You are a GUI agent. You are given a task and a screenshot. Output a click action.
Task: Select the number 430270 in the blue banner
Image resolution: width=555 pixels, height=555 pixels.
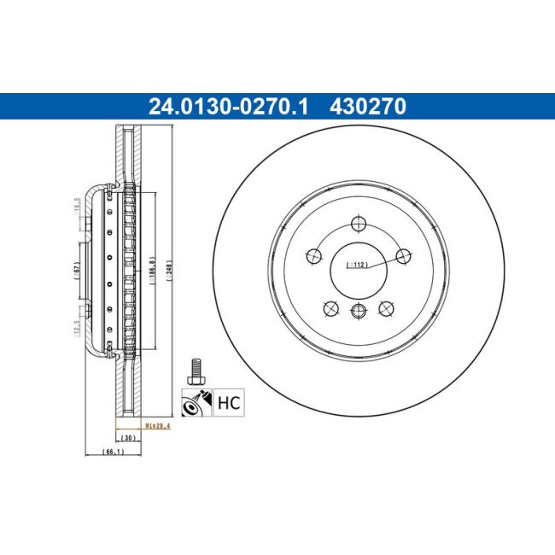pyautogui.click(x=368, y=106)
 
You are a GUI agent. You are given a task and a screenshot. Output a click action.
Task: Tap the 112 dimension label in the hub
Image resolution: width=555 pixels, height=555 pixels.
pyautogui.click(x=358, y=266)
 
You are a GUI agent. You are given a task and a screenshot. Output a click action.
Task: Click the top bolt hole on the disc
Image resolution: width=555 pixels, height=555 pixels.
pyautogui.click(x=359, y=225)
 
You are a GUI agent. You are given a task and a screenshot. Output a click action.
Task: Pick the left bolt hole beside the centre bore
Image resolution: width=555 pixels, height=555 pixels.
pyautogui.click(x=313, y=254)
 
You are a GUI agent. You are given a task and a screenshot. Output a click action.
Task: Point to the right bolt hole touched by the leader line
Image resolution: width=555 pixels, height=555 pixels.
pyautogui.click(x=404, y=254)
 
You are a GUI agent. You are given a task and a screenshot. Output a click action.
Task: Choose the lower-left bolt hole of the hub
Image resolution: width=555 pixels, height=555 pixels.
pyautogui.click(x=330, y=308)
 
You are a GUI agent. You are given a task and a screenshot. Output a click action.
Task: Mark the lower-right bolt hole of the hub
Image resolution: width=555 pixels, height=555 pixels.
pyautogui.click(x=387, y=308)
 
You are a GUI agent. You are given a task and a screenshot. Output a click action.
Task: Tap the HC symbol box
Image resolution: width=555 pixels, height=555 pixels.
pyautogui.click(x=227, y=401)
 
